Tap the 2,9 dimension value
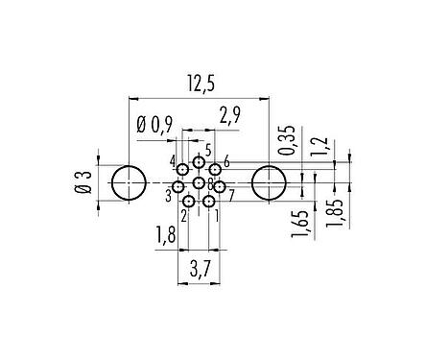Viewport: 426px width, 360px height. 230,117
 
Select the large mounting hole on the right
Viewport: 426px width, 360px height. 269,182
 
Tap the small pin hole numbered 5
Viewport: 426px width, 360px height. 199,162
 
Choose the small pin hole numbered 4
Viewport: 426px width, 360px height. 182,170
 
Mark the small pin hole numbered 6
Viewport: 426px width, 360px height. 215,170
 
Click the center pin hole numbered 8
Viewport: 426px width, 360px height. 199,182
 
